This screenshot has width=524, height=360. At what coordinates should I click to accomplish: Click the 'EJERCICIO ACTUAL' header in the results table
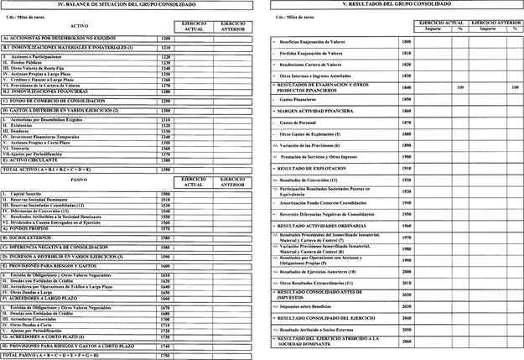[432, 22]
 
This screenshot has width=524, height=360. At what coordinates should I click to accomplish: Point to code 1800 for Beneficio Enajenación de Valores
[407, 41]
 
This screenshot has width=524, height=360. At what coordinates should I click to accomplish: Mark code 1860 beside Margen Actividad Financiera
[407, 111]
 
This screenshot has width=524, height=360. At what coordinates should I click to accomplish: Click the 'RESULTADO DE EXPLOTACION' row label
[316, 168]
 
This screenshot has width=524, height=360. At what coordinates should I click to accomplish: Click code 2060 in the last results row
[407, 342]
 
